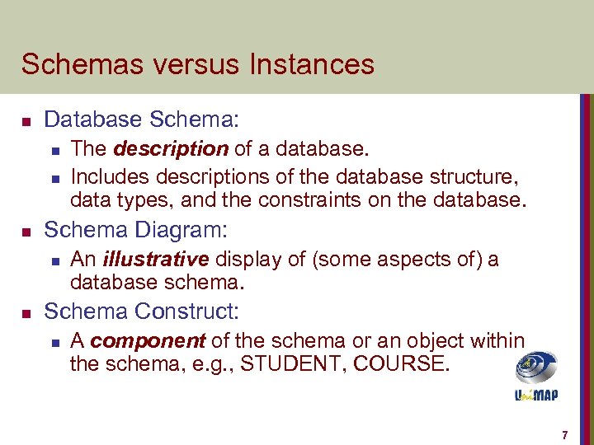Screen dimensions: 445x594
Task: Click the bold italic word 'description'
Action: (x=171, y=149)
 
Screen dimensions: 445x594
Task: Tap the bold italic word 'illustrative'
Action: (x=156, y=260)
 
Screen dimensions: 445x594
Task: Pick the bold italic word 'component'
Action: (x=148, y=340)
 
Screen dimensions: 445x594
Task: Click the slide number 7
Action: (x=564, y=434)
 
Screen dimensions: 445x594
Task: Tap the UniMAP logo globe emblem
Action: (x=536, y=367)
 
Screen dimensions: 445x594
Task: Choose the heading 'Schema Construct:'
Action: (x=141, y=311)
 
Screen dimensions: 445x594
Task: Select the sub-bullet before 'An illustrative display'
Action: (x=54, y=261)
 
